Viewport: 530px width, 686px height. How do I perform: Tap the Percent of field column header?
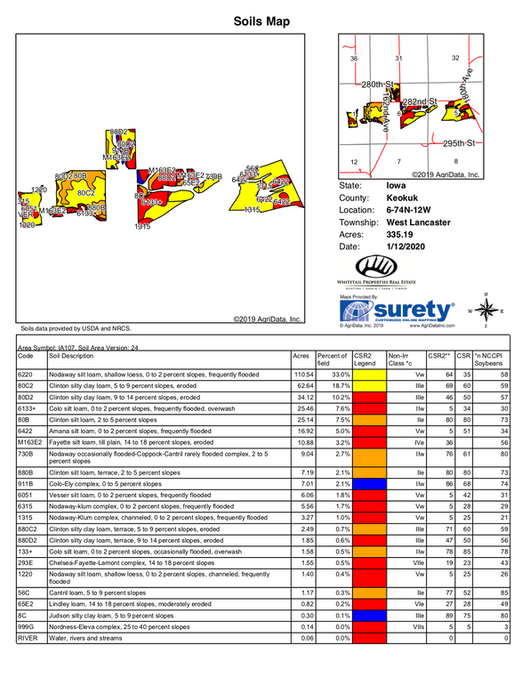332,359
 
